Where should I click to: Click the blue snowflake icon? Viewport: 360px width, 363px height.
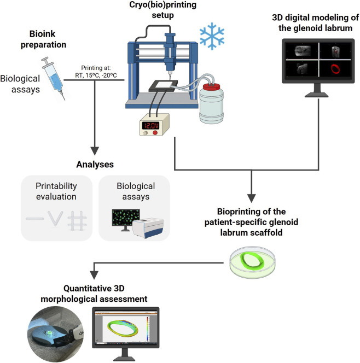click(212, 36)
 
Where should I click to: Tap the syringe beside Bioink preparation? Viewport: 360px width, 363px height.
click(53, 78)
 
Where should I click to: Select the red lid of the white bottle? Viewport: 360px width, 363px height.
click(211, 87)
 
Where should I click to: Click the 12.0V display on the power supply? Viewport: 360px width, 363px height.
click(150, 126)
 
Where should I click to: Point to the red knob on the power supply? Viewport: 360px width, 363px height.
click(155, 133)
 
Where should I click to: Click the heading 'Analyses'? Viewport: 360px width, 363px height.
click(95, 165)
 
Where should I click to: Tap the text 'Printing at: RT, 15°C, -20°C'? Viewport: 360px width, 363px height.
click(96, 72)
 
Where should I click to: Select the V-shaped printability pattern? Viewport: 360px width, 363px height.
click(55, 218)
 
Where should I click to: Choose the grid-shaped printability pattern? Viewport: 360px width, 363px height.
click(77, 221)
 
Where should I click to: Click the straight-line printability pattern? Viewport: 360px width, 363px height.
click(35, 219)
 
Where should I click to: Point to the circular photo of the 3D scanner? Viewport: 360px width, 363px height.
click(56, 333)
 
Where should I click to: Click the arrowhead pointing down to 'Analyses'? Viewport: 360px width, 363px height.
click(95, 151)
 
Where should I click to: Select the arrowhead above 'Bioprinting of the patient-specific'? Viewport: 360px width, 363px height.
click(252, 198)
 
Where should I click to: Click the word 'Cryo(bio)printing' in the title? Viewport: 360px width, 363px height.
click(162, 4)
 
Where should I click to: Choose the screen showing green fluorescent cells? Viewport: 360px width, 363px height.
click(126, 218)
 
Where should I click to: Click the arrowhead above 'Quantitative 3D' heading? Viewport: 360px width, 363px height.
click(94, 275)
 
